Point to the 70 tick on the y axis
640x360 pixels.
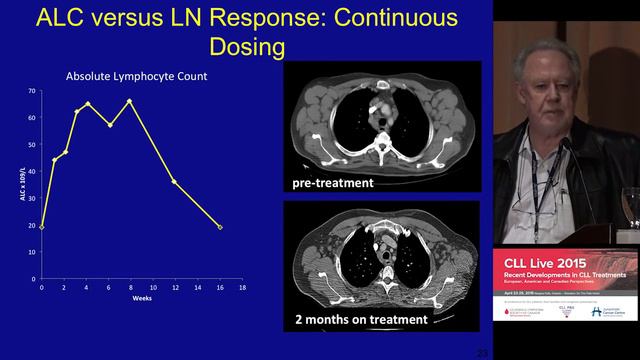pos(32,92)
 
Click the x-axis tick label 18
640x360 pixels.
pos(242,288)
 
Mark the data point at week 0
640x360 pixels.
pos(42,227)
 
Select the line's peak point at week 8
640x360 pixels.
pos(130,100)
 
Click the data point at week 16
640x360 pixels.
pos(219,227)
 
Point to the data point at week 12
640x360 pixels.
pos(174,181)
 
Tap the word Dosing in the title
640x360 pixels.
pos(247,48)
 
